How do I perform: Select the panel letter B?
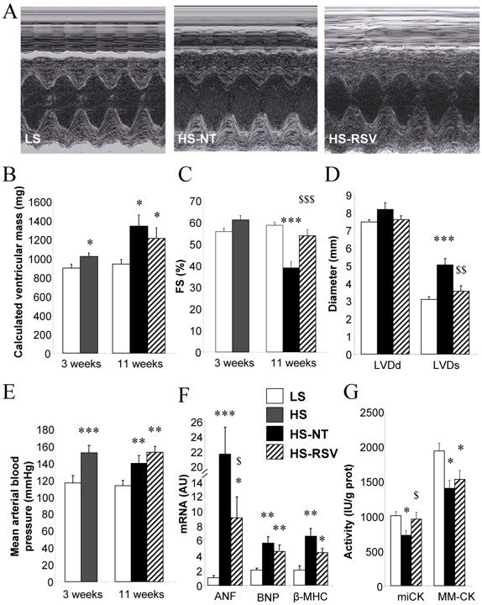9,176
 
